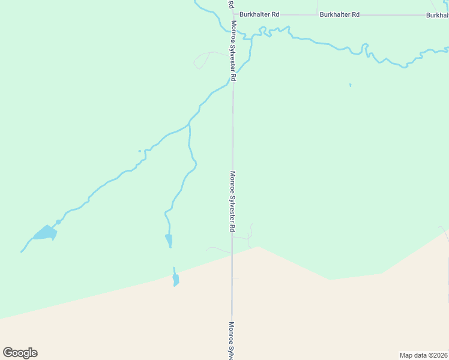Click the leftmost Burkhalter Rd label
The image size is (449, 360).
tap(259, 14)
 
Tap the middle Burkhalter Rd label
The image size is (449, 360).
tap(339, 14)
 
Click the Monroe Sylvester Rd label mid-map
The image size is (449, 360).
tap(232, 202)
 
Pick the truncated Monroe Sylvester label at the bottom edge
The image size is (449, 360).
tap(231, 340)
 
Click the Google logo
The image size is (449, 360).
tap(20, 353)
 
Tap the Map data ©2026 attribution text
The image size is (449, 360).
tap(424, 355)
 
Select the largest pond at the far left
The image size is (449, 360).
tap(45, 233)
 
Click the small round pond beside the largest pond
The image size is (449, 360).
tap(58, 222)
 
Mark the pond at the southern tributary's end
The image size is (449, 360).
tap(169, 241)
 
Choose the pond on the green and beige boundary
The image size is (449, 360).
tap(176, 279)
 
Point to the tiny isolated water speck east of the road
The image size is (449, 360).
tap(350, 85)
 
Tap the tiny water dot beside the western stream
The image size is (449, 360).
tap(139, 151)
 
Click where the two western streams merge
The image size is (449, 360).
tap(189, 125)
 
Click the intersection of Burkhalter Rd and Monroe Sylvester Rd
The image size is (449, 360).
tap(232, 14)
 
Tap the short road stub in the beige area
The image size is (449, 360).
tap(235, 278)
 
